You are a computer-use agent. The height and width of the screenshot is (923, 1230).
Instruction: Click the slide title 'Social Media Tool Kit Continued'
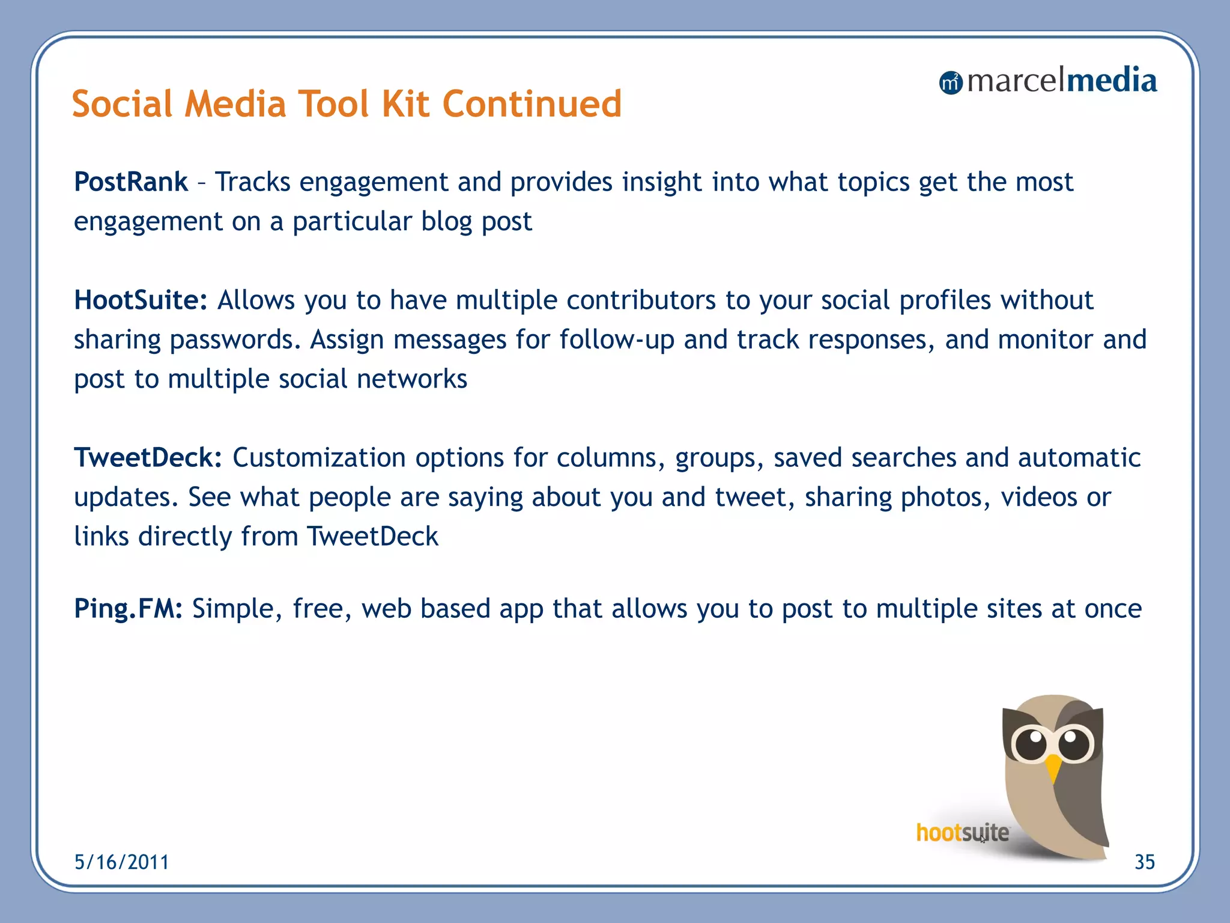[347, 104]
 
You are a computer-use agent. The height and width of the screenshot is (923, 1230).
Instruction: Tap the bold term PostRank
[131, 182]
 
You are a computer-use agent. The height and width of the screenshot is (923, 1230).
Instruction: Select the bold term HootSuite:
[141, 300]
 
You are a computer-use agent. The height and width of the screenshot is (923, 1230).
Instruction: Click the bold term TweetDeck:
[148, 457]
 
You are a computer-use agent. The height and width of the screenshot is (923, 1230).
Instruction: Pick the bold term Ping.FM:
[128, 609]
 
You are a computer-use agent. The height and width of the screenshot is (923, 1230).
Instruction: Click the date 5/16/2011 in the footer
[121, 862]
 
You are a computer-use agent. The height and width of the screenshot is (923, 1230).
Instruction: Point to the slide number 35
[1144, 862]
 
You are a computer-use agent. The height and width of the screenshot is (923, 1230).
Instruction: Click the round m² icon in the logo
[950, 83]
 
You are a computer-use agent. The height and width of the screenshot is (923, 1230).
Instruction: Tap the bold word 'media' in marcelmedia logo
[1110, 81]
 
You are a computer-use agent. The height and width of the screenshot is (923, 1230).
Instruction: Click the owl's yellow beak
[1053, 767]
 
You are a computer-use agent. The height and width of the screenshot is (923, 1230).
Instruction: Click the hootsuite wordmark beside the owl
[962, 833]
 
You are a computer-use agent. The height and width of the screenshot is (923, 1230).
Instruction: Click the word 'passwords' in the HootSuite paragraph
[235, 341]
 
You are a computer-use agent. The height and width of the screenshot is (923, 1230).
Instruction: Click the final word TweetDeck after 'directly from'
[372, 537]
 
